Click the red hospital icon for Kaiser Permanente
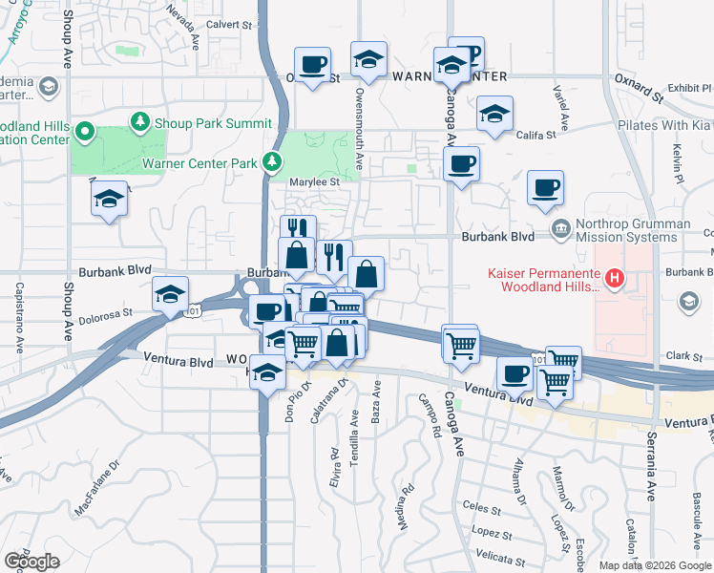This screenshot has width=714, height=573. tap(616, 279)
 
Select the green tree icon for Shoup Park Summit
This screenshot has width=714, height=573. tap(140, 123)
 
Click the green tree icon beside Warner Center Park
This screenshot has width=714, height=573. tap(273, 163)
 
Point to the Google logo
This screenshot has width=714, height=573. tap(31, 562)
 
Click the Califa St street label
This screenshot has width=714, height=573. tap(536, 134)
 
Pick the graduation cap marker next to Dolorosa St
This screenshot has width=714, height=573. tap(169, 294)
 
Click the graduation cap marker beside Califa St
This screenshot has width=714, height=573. tap(493, 114)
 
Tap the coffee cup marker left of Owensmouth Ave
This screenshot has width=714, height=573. tap(312, 65)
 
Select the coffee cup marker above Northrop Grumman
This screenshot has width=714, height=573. tap(545, 188)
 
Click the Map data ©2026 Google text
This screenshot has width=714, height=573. tap(655, 565)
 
